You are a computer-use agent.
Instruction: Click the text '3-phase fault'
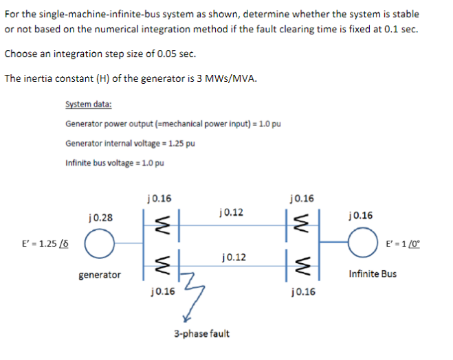click(201, 334)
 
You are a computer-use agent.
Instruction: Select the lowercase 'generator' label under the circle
click(99, 275)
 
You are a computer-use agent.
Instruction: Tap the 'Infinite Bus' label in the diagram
click(372, 274)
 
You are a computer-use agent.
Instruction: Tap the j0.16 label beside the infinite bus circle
click(361, 216)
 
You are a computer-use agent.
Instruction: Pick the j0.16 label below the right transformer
click(302, 291)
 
